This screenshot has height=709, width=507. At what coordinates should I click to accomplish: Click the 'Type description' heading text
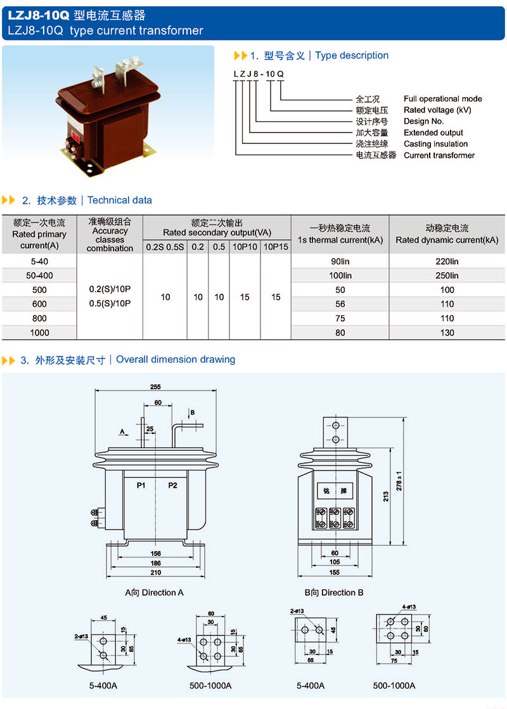352,56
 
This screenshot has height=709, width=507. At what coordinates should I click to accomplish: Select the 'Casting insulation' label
435,144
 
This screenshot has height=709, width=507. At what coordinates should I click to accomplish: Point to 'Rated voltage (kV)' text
437,110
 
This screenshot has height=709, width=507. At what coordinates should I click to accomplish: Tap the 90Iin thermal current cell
340,261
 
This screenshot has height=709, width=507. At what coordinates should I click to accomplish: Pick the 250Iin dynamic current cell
447,275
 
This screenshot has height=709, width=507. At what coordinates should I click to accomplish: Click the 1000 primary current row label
39,333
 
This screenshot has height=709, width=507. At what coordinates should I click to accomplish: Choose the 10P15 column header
276,247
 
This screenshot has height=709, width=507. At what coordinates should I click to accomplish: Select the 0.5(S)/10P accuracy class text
110,303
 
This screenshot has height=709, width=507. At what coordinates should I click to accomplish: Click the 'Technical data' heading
120,200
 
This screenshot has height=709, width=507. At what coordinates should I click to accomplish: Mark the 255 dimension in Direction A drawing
155,387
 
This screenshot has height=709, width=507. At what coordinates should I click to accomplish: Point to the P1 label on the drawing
141,485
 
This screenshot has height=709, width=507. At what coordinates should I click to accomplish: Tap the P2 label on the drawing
172,485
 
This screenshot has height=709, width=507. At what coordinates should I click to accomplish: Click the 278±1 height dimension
399,481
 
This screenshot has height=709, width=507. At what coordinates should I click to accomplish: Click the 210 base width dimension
155,573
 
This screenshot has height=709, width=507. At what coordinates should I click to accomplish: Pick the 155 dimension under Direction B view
335,573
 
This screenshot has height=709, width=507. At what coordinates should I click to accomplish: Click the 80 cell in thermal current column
340,333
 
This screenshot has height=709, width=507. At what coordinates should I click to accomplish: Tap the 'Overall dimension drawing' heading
176,360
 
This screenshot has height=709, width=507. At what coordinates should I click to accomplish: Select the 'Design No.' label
423,121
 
